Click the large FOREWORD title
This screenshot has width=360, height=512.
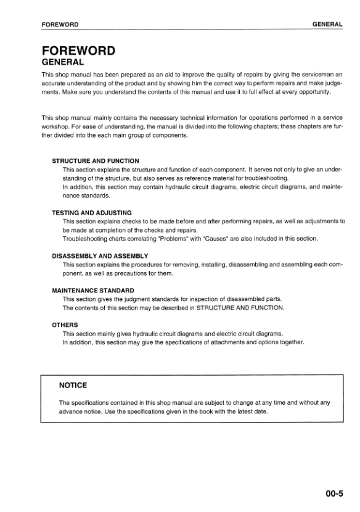(x=78, y=51)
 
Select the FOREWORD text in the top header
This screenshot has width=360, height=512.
(x=60, y=24)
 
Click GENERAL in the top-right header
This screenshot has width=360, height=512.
(x=327, y=24)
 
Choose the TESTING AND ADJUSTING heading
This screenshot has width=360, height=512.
(x=91, y=212)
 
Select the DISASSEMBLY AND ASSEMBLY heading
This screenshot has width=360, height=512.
(x=100, y=255)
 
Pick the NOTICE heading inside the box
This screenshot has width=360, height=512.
(x=73, y=386)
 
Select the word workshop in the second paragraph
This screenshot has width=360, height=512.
(x=55, y=126)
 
